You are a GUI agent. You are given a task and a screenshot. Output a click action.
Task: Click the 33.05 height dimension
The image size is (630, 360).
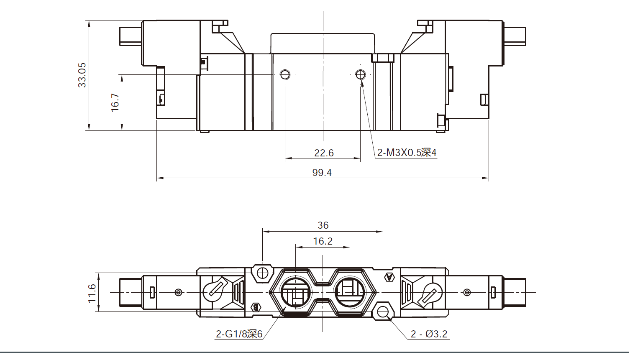click(82, 75)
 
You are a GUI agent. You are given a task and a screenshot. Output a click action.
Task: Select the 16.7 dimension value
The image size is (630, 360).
click(115, 102)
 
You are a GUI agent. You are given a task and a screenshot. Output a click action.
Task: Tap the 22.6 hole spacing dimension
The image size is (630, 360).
click(324, 153)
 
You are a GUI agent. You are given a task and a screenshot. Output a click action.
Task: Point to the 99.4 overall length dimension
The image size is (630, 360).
click(322, 172)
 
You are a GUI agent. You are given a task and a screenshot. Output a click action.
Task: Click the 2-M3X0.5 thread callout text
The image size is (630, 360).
click(407, 153)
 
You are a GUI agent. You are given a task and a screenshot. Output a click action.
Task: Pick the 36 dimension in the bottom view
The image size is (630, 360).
click(323, 225)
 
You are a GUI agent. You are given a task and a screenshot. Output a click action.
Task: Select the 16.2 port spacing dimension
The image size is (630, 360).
click(323, 241)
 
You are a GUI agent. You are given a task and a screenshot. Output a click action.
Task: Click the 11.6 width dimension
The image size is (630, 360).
click(92, 293)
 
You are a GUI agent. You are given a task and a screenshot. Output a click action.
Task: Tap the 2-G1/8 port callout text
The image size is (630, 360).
click(239, 334)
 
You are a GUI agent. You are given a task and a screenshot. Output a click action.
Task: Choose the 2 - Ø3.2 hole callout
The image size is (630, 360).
click(429, 334)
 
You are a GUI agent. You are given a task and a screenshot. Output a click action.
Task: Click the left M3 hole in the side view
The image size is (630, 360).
click(285, 74)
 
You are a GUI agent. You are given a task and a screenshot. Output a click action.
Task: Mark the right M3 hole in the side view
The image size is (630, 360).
click(361, 74)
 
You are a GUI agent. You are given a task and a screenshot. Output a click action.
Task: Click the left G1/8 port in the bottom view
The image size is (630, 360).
click(296, 292)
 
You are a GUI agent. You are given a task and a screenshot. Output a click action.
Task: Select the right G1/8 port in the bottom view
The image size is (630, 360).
click(350, 292)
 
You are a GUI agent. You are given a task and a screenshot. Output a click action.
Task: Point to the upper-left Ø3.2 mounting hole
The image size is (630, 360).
click(262, 273)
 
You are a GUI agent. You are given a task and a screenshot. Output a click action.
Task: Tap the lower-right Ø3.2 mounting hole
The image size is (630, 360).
click(383, 311)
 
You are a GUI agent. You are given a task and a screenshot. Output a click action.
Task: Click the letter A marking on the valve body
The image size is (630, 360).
click(389, 277)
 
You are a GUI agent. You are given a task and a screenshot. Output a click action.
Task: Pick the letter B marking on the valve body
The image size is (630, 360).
click(256, 308)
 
